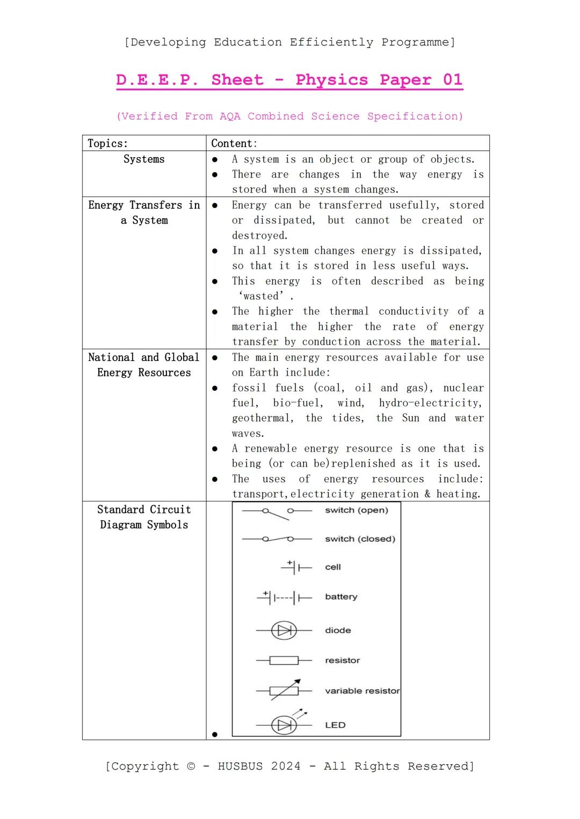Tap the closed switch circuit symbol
pos(277,538)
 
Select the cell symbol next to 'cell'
pos(296,567)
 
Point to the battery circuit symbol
pos(285,597)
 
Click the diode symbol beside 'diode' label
pos(284,630)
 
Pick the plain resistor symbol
pos(284,660)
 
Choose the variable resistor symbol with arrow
pos(284,690)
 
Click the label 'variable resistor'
pos(362,691)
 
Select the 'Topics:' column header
pos(108,143)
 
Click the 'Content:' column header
pos(234,143)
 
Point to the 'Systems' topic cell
pos(144,159)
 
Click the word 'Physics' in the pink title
pos(331,80)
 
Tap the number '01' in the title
pos(452,80)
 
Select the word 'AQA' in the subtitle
pos(230,116)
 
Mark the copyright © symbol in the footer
pos(191,766)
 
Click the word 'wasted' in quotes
pos(260,296)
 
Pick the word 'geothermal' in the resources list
pos(262,418)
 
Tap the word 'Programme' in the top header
pos(418,42)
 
